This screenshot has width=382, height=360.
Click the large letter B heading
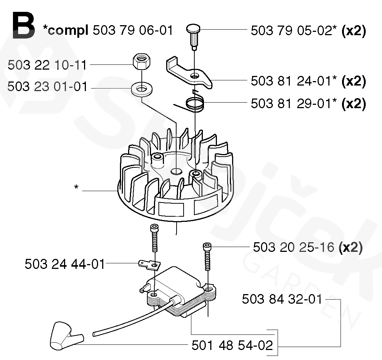(23, 26)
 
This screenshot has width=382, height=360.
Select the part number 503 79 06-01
(133, 30)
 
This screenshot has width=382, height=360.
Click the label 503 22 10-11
(47, 65)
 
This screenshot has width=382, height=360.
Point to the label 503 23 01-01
(47, 87)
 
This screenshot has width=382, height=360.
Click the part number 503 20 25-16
(294, 247)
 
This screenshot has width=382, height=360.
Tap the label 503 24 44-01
(65, 264)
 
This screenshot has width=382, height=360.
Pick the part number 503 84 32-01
(282, 299)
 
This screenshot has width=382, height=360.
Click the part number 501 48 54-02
(232, 346)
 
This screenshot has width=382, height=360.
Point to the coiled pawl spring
(195, 102)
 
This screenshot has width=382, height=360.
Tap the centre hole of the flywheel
(177, 171)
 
